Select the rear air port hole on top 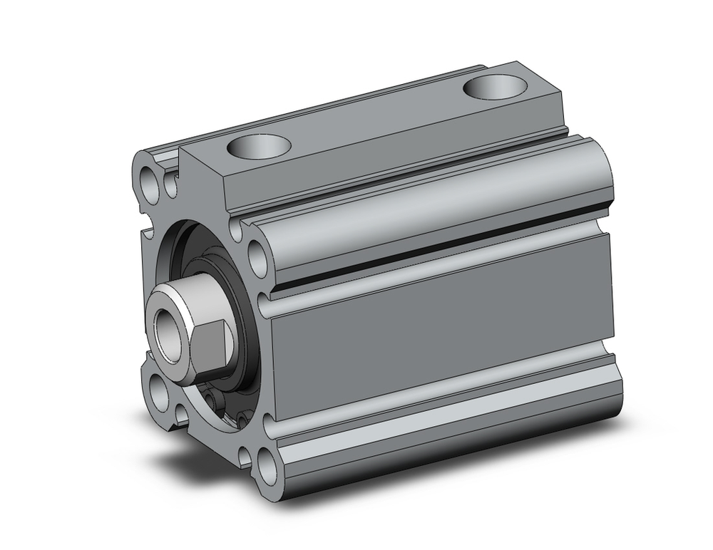pos(494,88)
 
